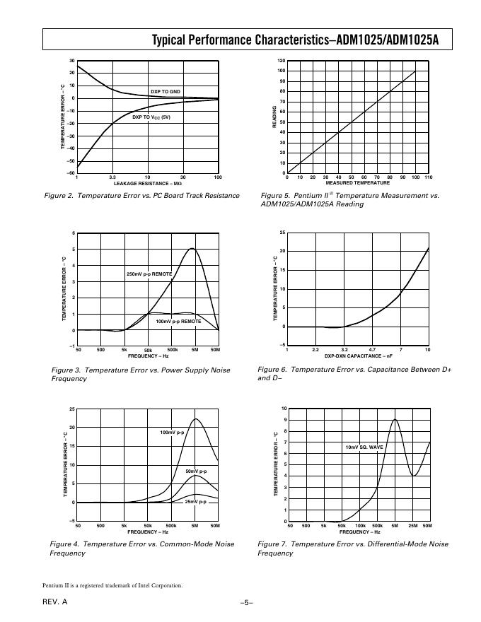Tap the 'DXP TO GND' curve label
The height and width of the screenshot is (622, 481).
click(166, 91)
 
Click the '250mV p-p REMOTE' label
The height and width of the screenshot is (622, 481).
click(149, 274)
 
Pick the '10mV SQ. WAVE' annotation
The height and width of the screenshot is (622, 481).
click(364, 447)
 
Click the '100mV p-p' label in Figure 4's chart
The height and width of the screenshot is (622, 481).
click(172, 432)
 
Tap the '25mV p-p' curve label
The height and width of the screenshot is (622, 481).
click(195, 502)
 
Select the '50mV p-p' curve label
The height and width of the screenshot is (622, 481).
click(196, 471)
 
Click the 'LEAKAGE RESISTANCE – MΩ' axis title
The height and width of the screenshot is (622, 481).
click(148, 183)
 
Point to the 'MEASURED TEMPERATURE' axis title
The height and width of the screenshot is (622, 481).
click(357, 183)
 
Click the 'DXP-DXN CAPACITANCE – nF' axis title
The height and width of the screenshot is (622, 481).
click(357, 356)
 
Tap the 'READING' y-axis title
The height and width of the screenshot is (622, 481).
click(274, 117)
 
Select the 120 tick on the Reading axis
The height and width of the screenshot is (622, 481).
click(281, 61)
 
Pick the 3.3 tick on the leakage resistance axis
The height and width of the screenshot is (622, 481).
click(112, 177)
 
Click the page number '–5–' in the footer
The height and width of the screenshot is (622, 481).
click(246, 602)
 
